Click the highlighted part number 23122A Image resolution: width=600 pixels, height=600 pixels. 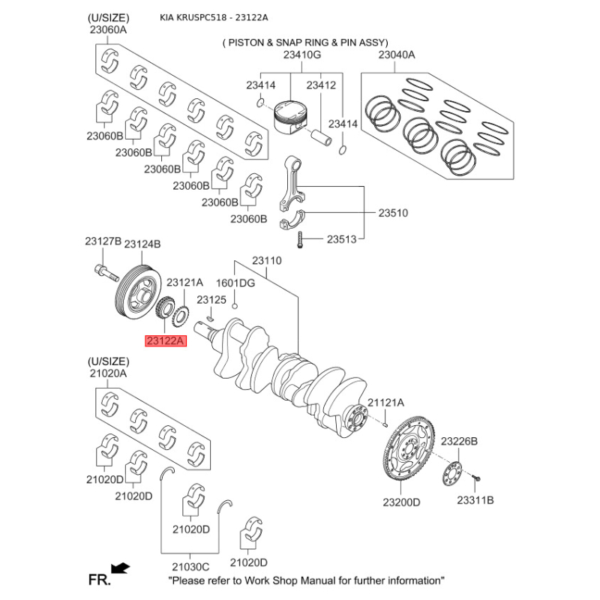(x=164, y=340)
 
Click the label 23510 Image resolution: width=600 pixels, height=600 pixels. (x=392, y=213)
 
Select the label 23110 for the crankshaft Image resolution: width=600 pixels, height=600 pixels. (x=266, y=261)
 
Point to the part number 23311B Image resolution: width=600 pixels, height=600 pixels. (x=476, y=499)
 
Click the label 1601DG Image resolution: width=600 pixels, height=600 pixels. (x=235, y=283)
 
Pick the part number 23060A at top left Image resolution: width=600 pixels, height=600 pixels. (x=108, y=30)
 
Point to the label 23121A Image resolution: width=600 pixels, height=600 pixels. (x=184, y=283)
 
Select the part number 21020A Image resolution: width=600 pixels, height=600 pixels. (x=108, y=373)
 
